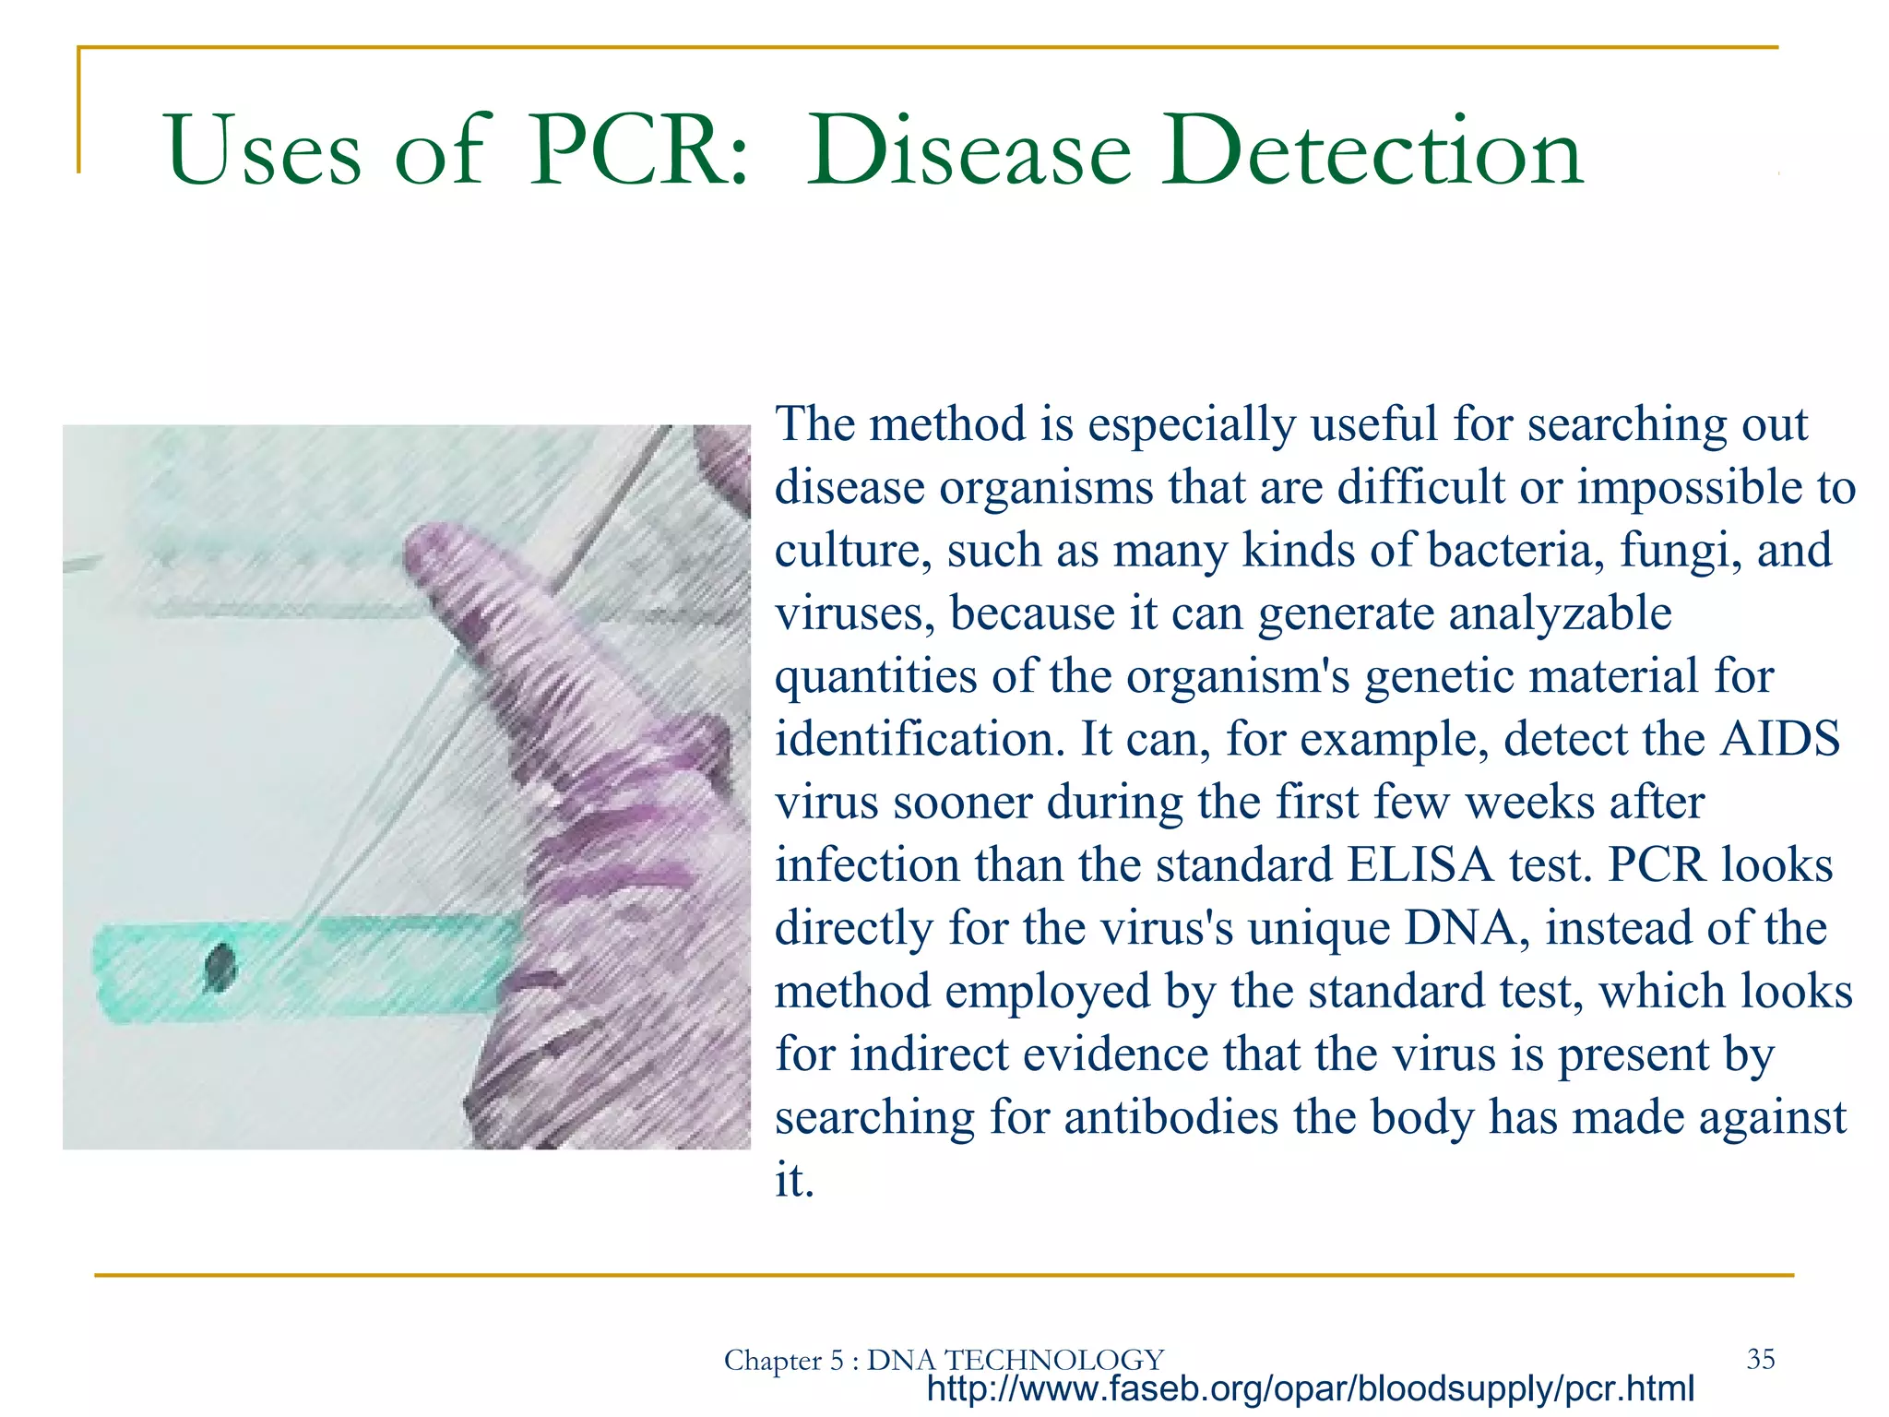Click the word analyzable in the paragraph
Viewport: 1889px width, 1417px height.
[x=1559, y=613]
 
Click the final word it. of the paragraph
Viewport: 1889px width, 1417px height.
[x=794, y=1180]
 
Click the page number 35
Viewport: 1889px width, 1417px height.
[x=1760, y=1358]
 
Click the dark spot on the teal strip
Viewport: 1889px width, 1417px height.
[x=220, y=968]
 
